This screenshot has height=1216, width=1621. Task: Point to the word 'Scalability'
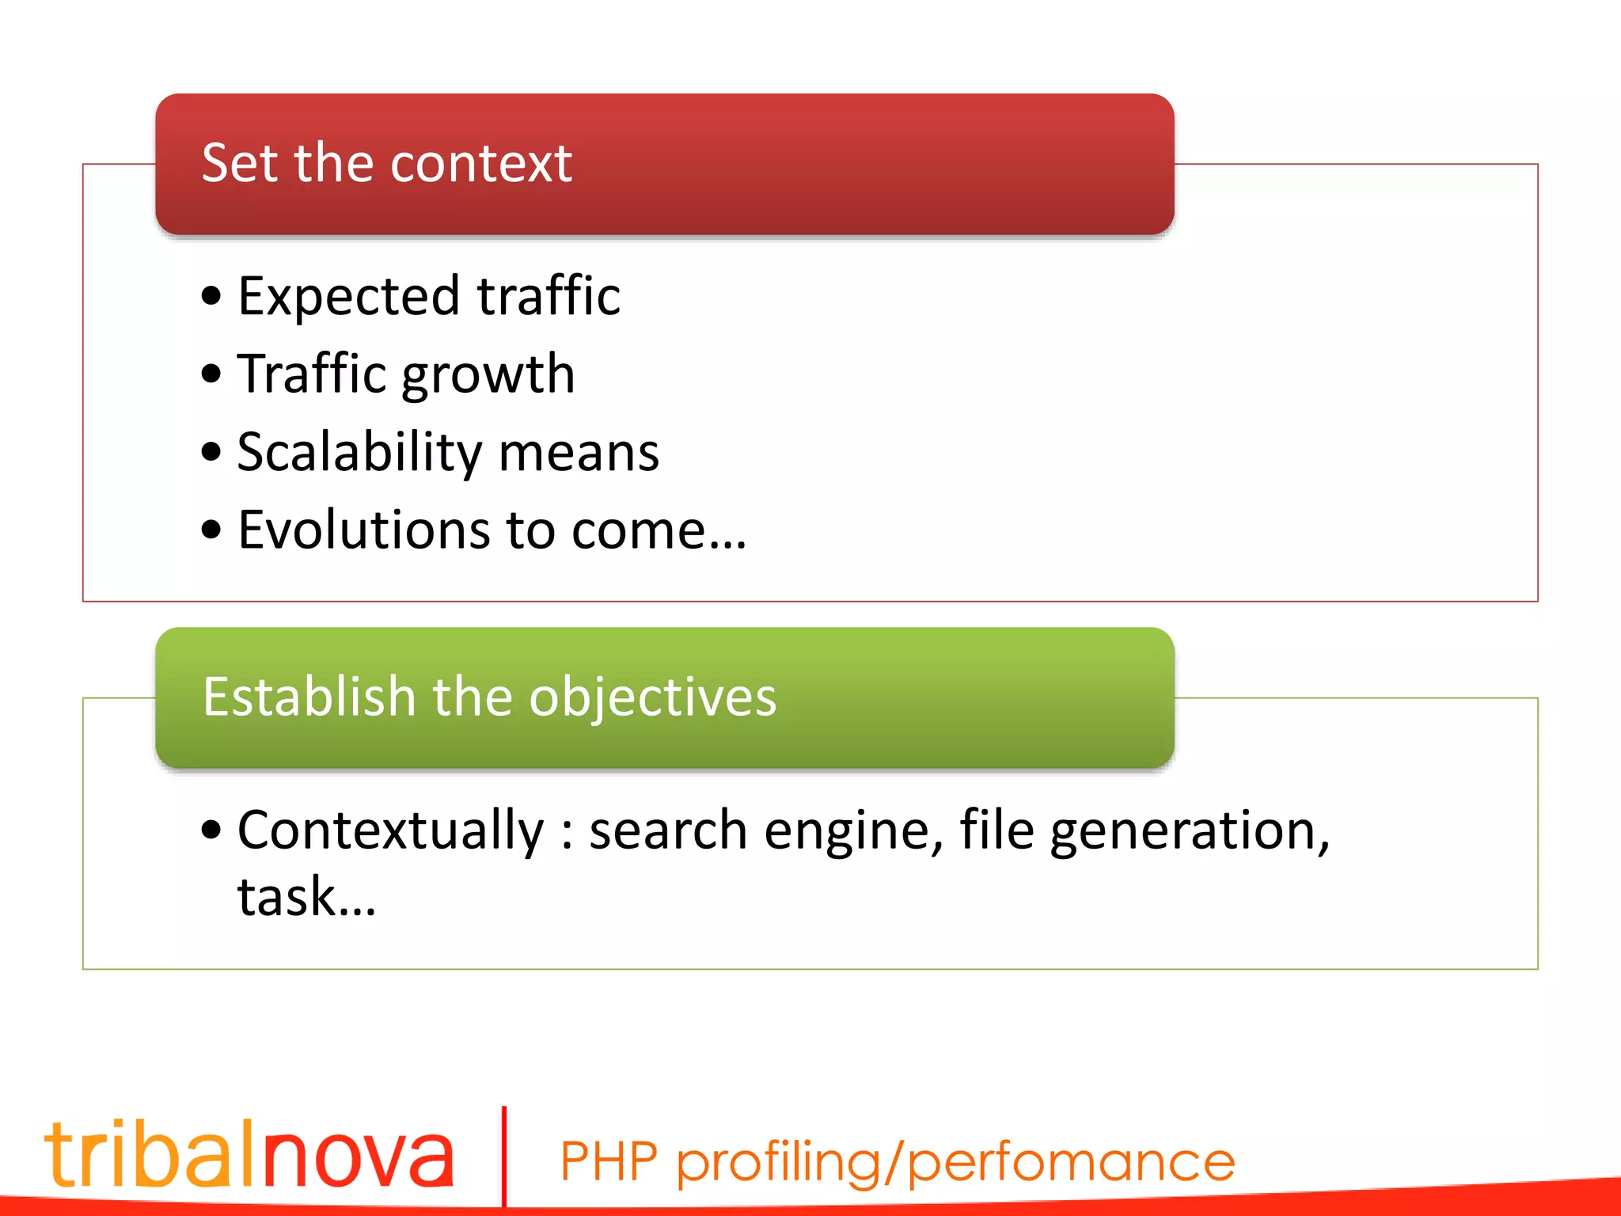pos(359,454)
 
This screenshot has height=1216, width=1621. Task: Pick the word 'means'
pos(579,454)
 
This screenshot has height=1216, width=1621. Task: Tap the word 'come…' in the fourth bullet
pos(659,530)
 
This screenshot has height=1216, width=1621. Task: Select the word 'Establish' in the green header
pos(309,697)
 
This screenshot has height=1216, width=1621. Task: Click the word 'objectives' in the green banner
pos(652,699)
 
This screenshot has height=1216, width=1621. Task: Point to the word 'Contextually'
pos(391,832)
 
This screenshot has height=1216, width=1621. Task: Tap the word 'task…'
pos(307,898)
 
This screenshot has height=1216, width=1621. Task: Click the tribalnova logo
pos(249,1154)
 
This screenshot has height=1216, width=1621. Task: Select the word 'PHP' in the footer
pos(609,1162)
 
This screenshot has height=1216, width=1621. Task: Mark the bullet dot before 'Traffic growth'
pos(211,374)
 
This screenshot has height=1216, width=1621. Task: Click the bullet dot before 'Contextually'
pos(211,830)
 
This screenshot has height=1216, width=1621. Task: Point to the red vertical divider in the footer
pos(504,1156)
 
